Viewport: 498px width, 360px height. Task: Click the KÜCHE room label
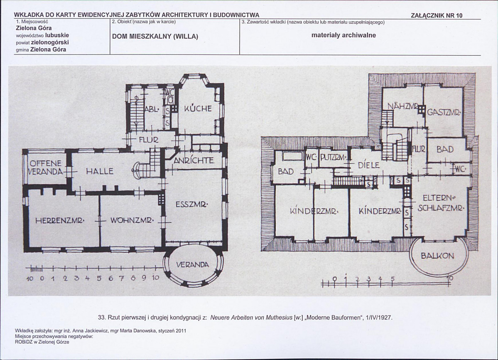(x=198, y=108)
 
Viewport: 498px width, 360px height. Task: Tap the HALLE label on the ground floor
(x=100, y=172)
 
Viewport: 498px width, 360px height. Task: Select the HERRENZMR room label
(x=60, y=220)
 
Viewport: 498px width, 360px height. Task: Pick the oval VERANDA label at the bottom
(x=193, y=264)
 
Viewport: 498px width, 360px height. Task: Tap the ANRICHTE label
(x=194, y=160)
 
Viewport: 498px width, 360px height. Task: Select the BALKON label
(x=437, y=256)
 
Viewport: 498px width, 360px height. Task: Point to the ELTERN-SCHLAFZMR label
(x=441, y=203)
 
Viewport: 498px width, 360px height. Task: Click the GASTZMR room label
(x=444, y=112)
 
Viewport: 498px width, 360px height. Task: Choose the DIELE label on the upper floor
(x=369, y=165)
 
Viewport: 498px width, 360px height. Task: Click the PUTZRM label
(x=334, y=157)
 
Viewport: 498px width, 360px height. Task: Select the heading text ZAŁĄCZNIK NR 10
(x=437, y=15)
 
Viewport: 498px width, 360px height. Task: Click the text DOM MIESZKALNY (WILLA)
(x=155, y=36)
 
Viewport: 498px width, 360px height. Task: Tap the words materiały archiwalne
(x=343, y=35)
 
